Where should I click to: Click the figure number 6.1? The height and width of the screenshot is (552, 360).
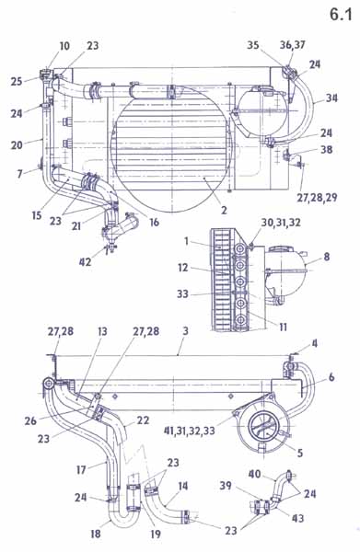341,15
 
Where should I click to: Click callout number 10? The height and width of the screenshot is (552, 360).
64,46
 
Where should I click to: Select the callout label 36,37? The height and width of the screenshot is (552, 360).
293,45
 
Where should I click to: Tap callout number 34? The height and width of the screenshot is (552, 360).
331,98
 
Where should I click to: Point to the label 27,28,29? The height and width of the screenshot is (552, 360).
317,198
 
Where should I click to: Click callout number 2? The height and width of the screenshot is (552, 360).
224,210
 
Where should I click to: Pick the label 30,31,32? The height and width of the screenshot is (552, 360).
281,223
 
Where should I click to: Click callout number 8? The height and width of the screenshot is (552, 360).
327,257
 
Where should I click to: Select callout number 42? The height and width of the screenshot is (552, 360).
86,262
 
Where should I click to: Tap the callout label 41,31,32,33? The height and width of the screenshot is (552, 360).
190,431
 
